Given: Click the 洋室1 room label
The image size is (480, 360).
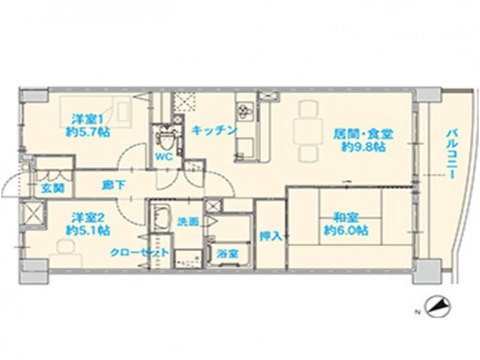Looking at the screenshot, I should point(86,120).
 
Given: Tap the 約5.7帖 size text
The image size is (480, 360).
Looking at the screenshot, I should point(86,134).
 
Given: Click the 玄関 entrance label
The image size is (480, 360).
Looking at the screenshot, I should point(52,187).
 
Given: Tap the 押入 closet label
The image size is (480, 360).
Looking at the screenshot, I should point(271,234).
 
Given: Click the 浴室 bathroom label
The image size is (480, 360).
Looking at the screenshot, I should point(228,254).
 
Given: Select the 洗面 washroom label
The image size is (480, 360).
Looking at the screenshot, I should point(188,222).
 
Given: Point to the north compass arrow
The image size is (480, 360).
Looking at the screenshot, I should point(439,306).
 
